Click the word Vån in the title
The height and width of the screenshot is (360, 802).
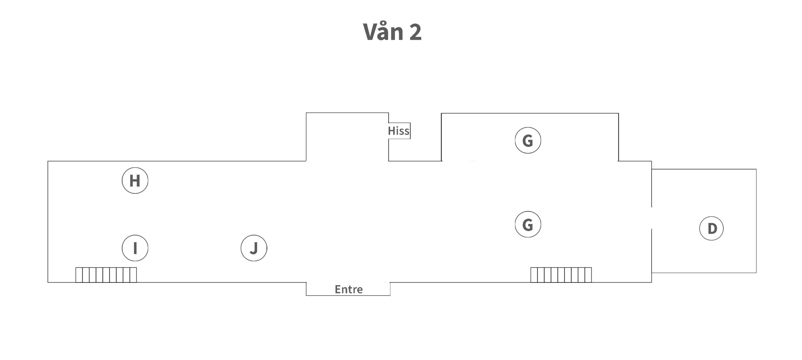383,32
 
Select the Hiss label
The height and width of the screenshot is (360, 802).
398,131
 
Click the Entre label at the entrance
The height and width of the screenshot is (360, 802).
349,289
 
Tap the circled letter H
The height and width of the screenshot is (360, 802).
135,180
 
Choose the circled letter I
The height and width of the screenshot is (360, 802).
135,248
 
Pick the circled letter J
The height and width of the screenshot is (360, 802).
254,248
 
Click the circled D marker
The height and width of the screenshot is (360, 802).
711,228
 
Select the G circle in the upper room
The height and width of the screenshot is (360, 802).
528,140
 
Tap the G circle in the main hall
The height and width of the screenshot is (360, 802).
528,224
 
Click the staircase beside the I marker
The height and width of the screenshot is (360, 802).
106,275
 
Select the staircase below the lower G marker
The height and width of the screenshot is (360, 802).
561,275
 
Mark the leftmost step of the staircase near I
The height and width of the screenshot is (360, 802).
79,275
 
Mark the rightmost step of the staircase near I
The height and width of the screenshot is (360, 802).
133,275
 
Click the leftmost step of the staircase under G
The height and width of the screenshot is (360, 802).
534,275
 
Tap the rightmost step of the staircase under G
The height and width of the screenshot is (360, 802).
588,275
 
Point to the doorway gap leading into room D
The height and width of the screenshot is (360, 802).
652,218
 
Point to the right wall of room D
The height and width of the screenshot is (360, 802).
756,221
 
